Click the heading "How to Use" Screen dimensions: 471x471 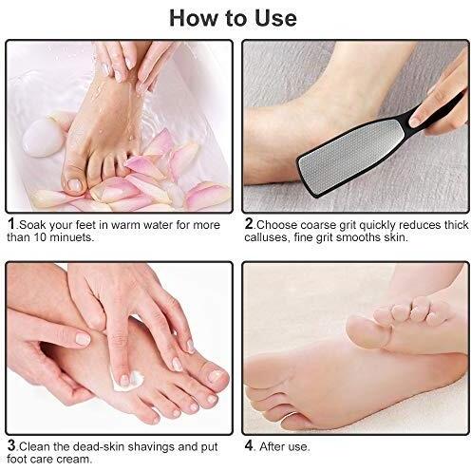click(233, 18)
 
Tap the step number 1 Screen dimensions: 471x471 click(11, 223)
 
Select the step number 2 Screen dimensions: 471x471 click(249, 223)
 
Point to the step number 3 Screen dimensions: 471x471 click(11, 445)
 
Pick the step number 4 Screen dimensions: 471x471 click(249, 445)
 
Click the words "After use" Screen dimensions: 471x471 click(284, 446)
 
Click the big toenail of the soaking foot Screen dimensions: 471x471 click(75, 185)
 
